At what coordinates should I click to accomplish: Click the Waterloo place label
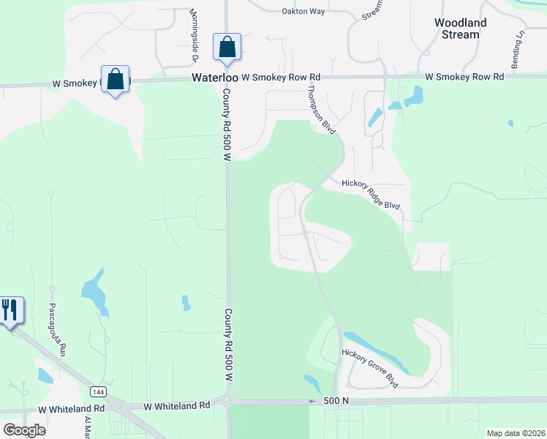[x=214, y=77]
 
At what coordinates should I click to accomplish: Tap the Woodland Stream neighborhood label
[x=461, y=29]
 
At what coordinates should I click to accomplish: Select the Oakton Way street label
[x=303, y=11]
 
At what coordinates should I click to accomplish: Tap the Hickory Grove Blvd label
[x=371, y=367]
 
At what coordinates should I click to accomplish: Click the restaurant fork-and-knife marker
[x=10, y=310]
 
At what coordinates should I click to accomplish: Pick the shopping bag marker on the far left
[x=116, y=79]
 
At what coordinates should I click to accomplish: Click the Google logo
[x=23, y=429]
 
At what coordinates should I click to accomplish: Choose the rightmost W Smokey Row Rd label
[x=464, y=77]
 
